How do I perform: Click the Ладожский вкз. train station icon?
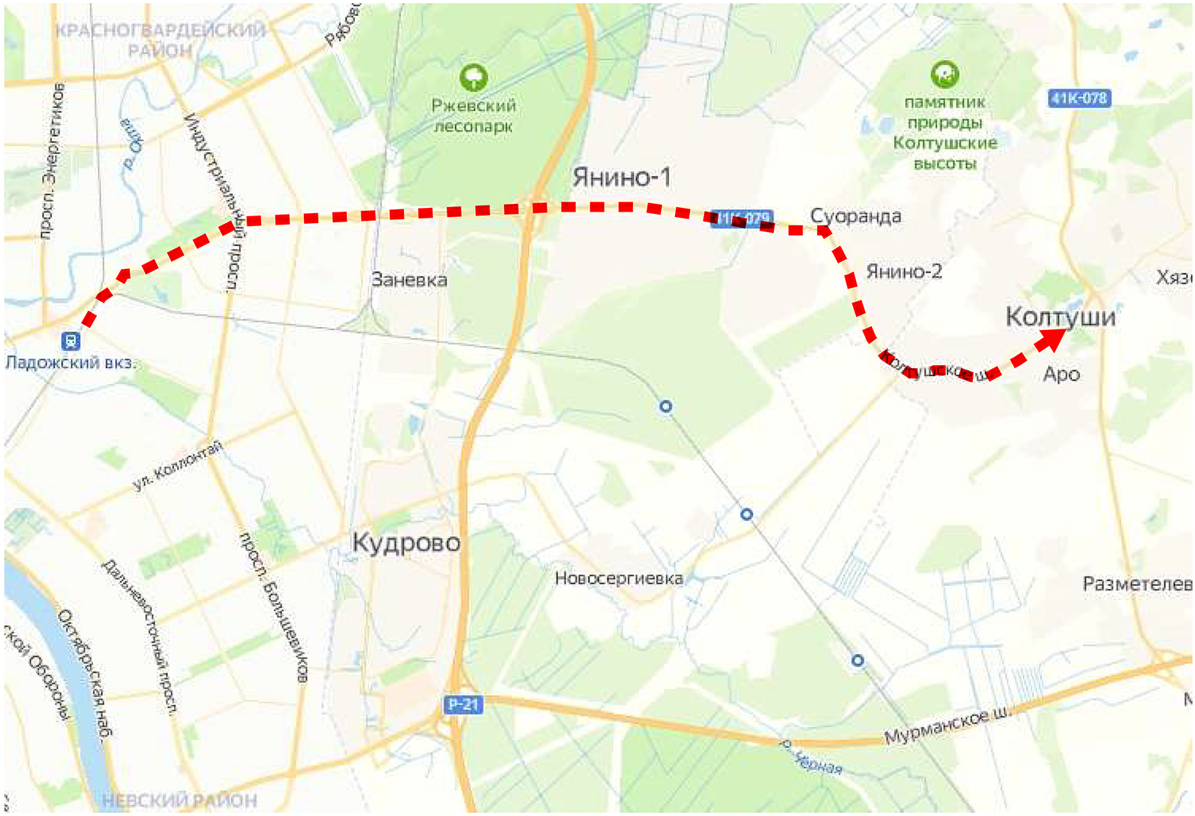(71, 341)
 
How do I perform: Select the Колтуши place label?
(1060, 316)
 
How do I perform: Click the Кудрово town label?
(406, 542)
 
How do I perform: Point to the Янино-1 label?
(622, 177)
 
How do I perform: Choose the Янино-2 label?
(904, 271)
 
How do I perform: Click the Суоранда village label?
(855, 216)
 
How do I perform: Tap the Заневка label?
(409, 280)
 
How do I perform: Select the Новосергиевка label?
(618, 578)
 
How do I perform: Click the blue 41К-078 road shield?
(1078, 98)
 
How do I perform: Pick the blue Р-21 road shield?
(463, 704)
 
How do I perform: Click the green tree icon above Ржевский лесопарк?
(473, 77)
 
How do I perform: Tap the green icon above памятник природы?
(945, 75)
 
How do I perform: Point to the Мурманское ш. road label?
(947, 727)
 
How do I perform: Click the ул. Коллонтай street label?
(177, 466)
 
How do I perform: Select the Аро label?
(1061, 374)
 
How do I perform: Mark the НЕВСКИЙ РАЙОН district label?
(179, 800)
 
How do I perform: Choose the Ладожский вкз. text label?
(70, 362)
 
